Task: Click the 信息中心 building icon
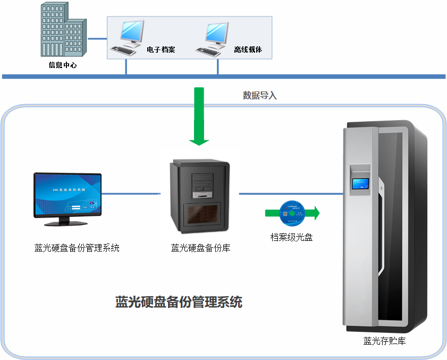pyautogui.click(x=63, y=32)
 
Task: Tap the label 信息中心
pyautogui.click(x=63, y=65)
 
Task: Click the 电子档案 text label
pyautogui.click(x=161, y=50)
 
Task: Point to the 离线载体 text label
pyautogui.click(x=248, y=50)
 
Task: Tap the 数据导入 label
pyautogui.click(x=260, y=96)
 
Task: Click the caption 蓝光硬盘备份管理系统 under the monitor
pyautogui.click(x=77, y=248)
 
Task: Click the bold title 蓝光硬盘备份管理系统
pyautogui.click(x=179, y=303)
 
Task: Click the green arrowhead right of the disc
pyautogui.click(x=315, y=213)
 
